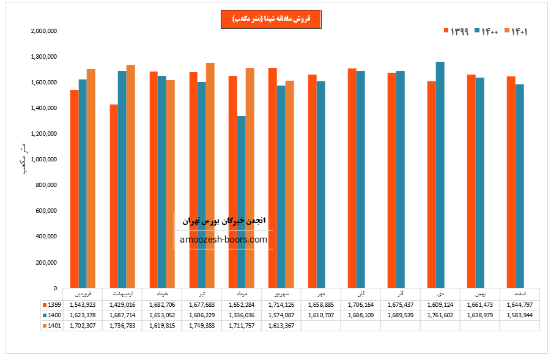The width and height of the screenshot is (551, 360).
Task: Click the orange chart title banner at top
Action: click(x=271, y=19)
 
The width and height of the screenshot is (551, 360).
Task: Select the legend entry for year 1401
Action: click(x=516, y=31)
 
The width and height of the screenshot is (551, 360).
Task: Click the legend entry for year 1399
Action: click(x=456, y=31)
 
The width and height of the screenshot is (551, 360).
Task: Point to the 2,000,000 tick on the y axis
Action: click(x=43, y=31)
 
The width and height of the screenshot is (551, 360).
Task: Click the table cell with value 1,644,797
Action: click(x=519, y=304)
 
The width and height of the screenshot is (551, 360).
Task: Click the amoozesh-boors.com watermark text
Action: click(x=223, y=240)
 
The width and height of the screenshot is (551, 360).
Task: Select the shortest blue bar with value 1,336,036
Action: click(x=241, y=202)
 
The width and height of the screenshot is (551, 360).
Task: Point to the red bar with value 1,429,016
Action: click(x=114, y=196)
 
